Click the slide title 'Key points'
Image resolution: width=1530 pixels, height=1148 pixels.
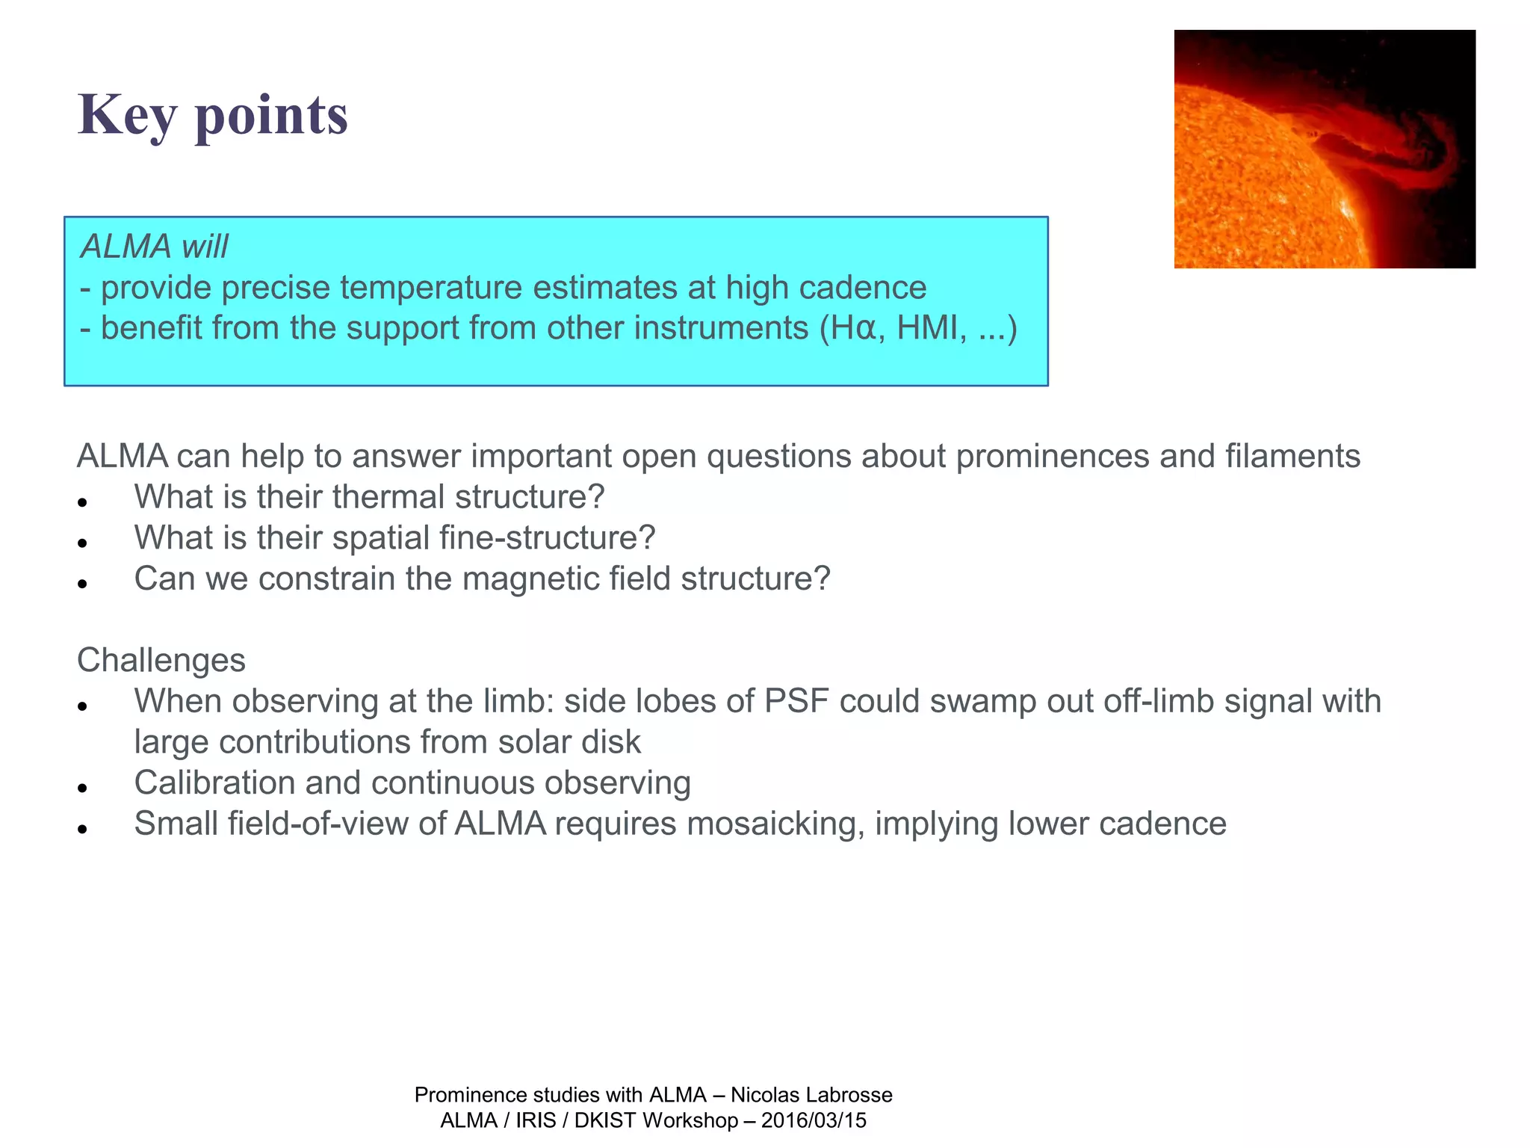(x=213, y=115)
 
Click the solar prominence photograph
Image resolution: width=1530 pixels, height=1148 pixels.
(x=1324, y=149)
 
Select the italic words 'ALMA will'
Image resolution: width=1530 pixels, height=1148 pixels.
(x=154, y=247)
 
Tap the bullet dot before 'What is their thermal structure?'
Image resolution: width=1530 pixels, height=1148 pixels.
(x=83, y=502)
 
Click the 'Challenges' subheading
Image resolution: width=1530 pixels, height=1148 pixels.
(x=161, y=661)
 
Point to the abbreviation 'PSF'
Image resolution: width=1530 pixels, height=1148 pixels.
(x=796, y=702)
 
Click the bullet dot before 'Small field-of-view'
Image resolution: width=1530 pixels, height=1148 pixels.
(x=83, y=829)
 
